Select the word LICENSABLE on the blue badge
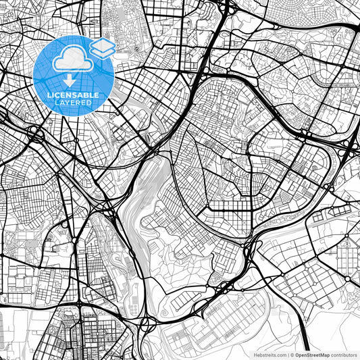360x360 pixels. click(74, 95)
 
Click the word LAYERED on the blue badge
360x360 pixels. click(74, 104)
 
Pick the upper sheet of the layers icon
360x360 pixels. click(102, 45)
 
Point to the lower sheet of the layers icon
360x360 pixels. click(102, 51)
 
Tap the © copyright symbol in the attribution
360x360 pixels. click(291, 354)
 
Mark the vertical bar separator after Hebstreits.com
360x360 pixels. click(286, 354)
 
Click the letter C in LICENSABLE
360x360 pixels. click(57, 95)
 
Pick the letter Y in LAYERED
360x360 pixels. click(67, 104)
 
